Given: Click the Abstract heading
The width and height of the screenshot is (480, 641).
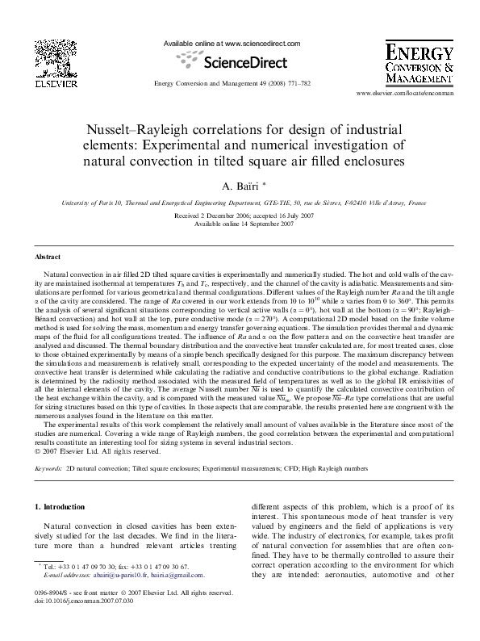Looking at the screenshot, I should [47, 257].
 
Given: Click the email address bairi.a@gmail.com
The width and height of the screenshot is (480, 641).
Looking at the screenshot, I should [183, 576].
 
